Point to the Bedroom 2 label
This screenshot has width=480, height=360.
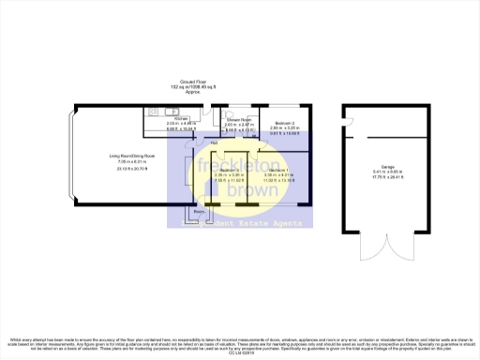point(284,122)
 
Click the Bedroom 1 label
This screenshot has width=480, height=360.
point(279,170)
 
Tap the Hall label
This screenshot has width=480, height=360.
point(214,142)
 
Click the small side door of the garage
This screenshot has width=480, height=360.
point(346,116)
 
